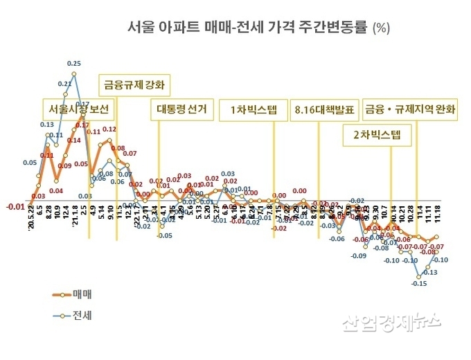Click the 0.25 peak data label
click(74, 63)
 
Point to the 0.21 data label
click(64, 84)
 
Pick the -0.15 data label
click(418, 283)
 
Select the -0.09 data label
click(358, 256)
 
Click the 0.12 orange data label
click(109, 129)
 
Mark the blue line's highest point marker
click(74, 73)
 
